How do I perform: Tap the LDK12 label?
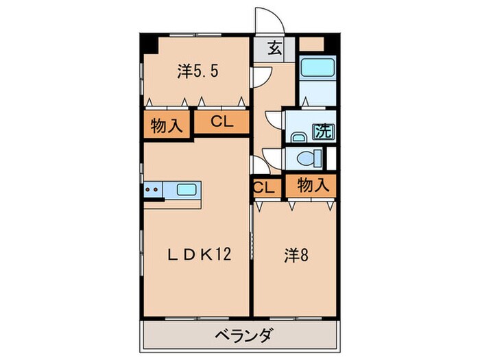click(199, 255)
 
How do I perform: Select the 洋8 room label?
click(295, 255)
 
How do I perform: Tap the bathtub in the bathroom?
click(317, 69)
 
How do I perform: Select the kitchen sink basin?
click(187, 189)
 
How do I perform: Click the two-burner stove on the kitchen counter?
click(154, 189)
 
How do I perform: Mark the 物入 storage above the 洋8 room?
click(313, 184)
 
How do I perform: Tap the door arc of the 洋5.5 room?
click(258, 77)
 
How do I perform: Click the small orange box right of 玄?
click(313, 43)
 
